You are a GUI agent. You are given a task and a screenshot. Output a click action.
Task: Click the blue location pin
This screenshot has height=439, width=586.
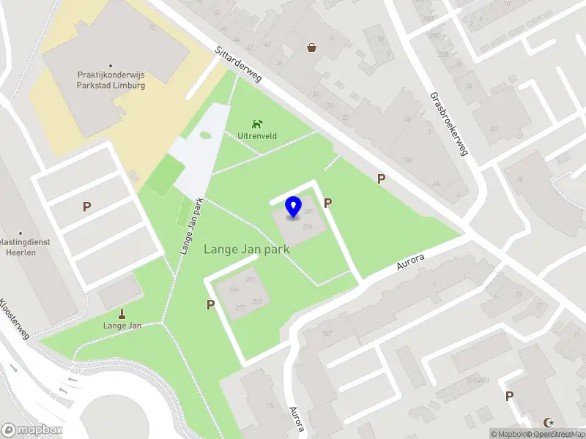tap(294, 206)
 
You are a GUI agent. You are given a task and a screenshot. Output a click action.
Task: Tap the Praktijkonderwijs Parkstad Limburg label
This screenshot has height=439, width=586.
tap(111, 80)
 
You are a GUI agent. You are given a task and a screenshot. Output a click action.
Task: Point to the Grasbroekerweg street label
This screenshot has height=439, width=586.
tap(448, 124)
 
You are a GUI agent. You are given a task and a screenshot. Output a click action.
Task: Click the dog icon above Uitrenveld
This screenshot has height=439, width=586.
tap(256, 124)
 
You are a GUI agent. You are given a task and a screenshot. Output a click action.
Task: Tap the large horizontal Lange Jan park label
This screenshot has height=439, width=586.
tap(246, 249)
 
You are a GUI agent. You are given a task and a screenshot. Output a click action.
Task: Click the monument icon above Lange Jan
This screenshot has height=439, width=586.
tap(122, 312)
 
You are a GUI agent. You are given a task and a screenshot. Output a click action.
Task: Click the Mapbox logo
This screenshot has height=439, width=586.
tap(32, 430)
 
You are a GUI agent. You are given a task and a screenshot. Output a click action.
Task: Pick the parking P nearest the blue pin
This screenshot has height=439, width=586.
tap(328, 203)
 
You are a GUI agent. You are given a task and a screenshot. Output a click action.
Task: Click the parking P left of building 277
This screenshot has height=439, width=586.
tap(211, 304)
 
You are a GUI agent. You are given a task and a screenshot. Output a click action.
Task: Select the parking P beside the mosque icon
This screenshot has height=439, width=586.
tap(510, 396)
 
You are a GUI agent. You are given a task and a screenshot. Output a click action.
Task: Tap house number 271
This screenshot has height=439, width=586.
tap(251, 280)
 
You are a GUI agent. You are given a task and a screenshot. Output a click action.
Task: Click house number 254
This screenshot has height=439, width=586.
tap(234, 290)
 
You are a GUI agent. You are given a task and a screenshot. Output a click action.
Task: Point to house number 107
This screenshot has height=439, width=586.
tap(327, 334)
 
